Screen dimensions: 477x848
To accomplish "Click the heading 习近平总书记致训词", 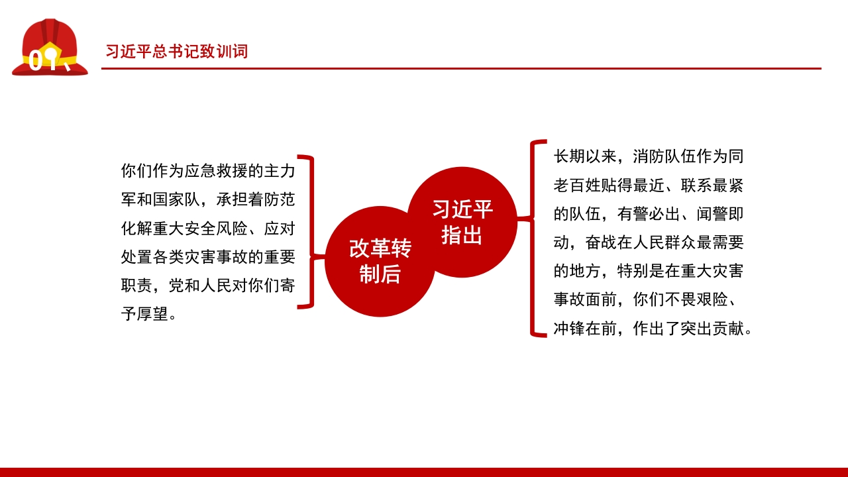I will tap(176, 52).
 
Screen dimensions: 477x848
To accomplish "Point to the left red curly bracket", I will tap(308, 232).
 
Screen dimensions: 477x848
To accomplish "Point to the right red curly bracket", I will tap(537, 238).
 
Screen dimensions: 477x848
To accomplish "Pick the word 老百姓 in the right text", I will tap(577, 186).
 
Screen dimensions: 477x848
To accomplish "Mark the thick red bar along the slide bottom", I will tap(424, 472).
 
